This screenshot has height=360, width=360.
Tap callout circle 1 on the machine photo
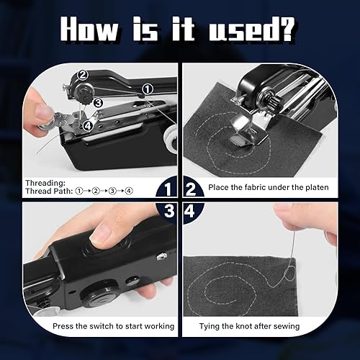[x=148, y=89]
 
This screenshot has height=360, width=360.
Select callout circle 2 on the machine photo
[x=82, y=75]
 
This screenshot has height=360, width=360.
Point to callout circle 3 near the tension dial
[x=98, y=103]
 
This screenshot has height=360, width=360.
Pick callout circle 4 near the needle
[x=88, y=125]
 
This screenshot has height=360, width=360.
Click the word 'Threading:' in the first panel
[x=45, y=183]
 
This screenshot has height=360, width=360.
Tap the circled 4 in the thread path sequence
[x=129, y=191]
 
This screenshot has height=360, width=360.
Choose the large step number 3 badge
[x=168, y=211]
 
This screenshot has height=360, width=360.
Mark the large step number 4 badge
[x=190, y=212]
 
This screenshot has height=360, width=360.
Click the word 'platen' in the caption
[x=317, y=187]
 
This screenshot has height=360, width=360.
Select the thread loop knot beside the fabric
[x=289, y=274]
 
